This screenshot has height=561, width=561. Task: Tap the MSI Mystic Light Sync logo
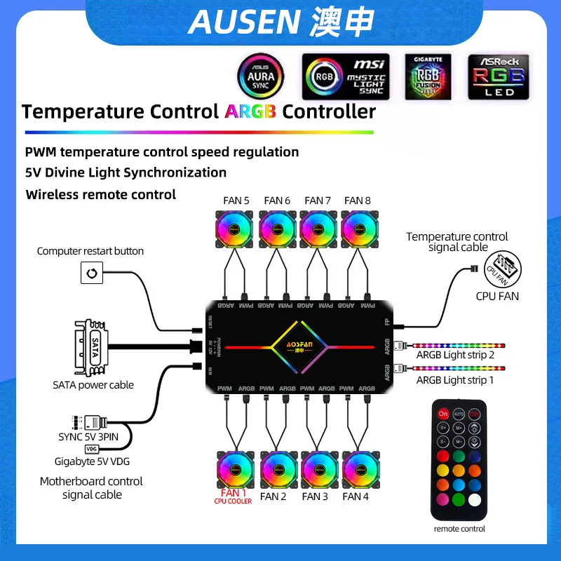coord(344,76)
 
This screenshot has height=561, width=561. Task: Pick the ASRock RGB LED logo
coord(499,76)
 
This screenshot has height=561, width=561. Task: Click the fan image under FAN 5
coord(236,229)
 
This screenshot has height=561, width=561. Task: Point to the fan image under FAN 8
coord(359,229)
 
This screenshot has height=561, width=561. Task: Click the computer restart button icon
coord(92,272)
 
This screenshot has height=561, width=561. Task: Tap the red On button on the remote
coord(442,414)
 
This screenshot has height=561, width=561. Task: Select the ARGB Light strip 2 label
coord(455,356)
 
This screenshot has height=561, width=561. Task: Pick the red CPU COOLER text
coord(234,501)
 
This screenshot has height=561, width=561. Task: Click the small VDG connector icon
coord(91,449)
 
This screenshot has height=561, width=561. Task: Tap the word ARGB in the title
coord(250,111)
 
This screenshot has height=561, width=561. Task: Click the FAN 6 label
coord(277,201)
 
